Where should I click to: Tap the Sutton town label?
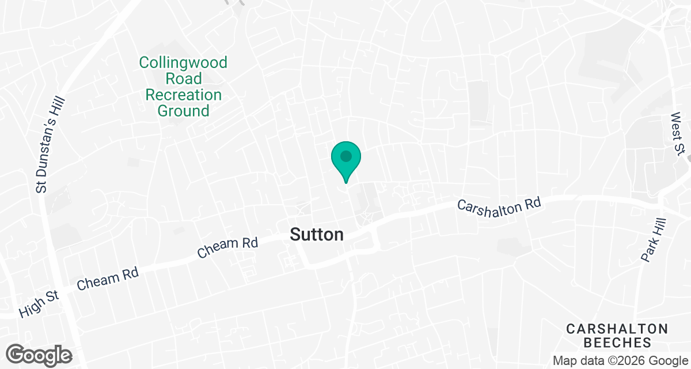pyautogui.click(x=317, y=235)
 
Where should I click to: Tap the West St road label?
pyautogui.click(x=678, y=133)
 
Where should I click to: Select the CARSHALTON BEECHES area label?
pyautogui.click(x=617, y=336)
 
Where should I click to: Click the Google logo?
pyautogui.click(x=39, y=354)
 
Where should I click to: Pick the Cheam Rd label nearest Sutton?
pyautogui.click(x=227, y=247)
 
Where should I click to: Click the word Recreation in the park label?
pyautogui.click(x=184, y=95)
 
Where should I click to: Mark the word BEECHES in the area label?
pyautogui.click(x=617, y=342)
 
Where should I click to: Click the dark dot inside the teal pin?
pyautogui.click(x=346, y=156)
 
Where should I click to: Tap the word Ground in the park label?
pyautogui.click(x=184, y=111)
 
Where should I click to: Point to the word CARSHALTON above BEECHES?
pyautogui.click(x=617, y=329)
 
